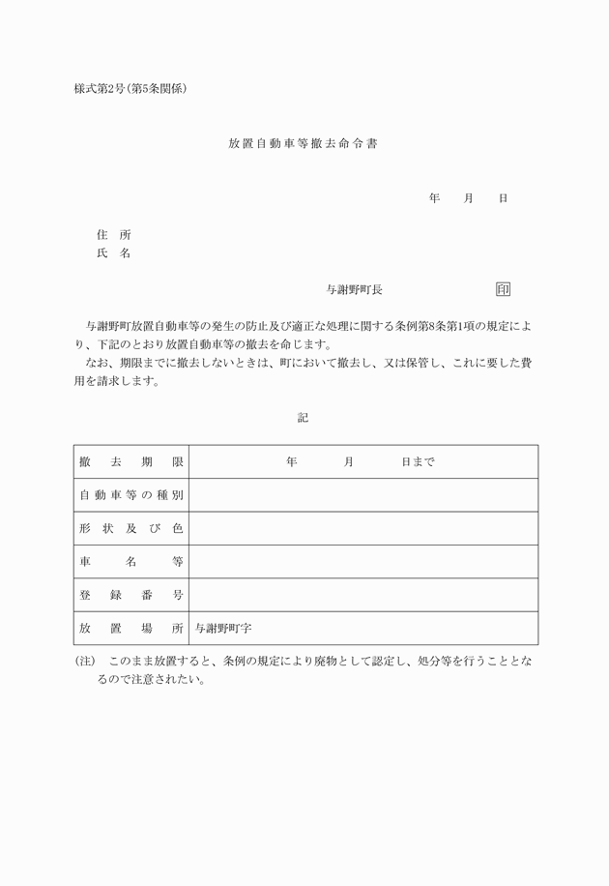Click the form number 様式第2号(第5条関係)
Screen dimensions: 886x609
tap(130, 89)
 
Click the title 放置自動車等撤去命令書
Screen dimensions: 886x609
tap(303, 143)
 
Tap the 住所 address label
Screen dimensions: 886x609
tap(113, 235)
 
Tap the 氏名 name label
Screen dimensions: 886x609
tap(113, 253)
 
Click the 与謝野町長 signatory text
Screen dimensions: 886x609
tap(355, 289)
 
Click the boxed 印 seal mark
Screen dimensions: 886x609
tap(503, 289)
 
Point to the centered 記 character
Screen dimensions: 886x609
tap(304, 418)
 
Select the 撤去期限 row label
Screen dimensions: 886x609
tap(131, 462)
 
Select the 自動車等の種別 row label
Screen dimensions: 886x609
tap(131, 495)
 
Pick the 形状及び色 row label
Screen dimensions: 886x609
tap(131, 528)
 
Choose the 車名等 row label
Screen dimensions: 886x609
tap(131, 562)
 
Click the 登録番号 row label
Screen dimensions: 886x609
tap(131, 595)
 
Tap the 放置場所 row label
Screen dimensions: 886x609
tap(131, 628)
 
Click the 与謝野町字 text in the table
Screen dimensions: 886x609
tap(223, 628)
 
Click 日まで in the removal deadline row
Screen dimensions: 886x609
tap(418, 462)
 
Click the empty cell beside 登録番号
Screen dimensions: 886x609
tap(362, 595)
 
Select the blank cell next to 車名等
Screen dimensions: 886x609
tap(362, 562)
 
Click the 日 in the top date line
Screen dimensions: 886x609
tap(503, 198)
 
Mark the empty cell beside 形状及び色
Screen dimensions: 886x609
tap(362, 528)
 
